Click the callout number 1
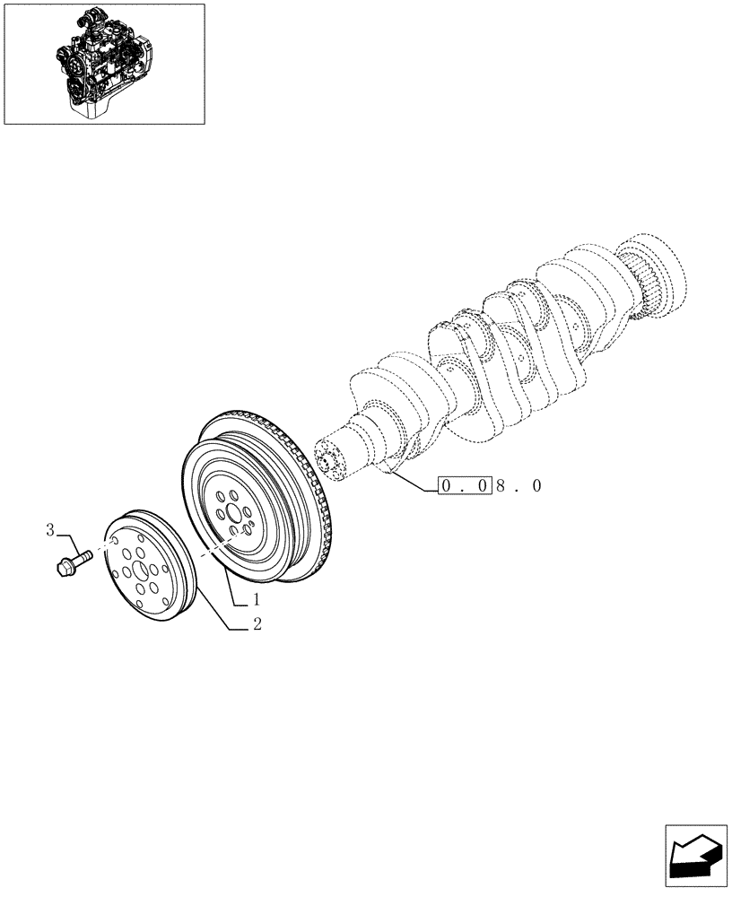(x=256, y=598)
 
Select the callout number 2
(x=257, y=625)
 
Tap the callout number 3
(x=51, y=531)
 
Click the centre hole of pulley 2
(x=141, y=571)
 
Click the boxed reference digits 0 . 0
(x=465, y=486)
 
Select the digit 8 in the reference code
(x=501, y=486)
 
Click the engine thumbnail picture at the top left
(x=104, y=64)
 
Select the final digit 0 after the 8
(x=537, y=486)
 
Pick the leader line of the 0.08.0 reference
(x=414, y=481)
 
